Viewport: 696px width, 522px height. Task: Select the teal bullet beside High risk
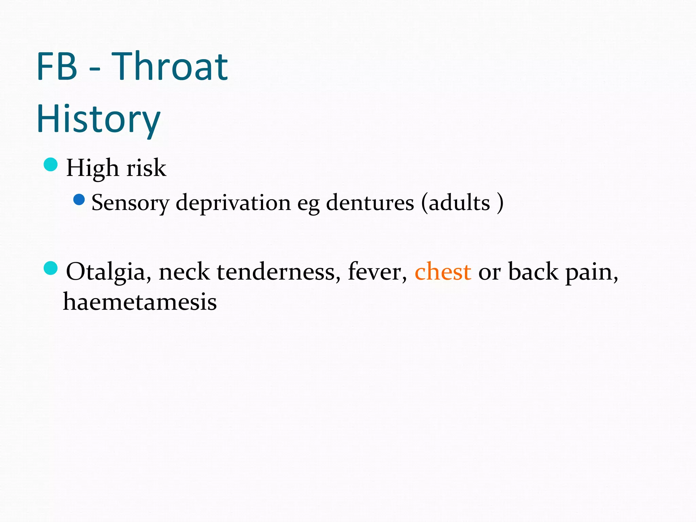coord(51,165)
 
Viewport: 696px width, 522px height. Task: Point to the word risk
coord(146,168)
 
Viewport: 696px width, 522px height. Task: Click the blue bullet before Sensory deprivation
coord(79,199)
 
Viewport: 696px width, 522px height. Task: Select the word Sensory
coord(130,203)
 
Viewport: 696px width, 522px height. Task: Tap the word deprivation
coord(233,203)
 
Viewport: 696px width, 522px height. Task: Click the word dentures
coord(370,203)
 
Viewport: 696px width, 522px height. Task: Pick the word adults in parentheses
coord(459,203)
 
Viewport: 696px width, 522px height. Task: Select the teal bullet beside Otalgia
coord(51,268)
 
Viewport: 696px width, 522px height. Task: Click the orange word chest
coord(443,272)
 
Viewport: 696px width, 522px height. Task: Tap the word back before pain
coord(533,272)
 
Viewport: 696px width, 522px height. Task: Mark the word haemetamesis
coord(140,302)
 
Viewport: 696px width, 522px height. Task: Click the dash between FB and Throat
coord(95,70)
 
